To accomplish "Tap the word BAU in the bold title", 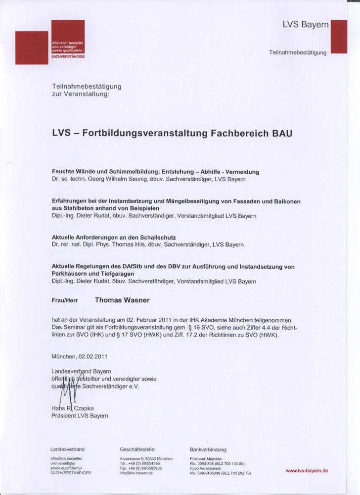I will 281,133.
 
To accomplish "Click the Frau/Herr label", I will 65,300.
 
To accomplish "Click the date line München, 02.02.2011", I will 79,356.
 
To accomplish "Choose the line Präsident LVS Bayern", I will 80,416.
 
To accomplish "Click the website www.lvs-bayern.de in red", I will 307,470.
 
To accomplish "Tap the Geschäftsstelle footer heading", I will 138,449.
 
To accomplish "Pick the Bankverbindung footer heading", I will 208,449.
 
